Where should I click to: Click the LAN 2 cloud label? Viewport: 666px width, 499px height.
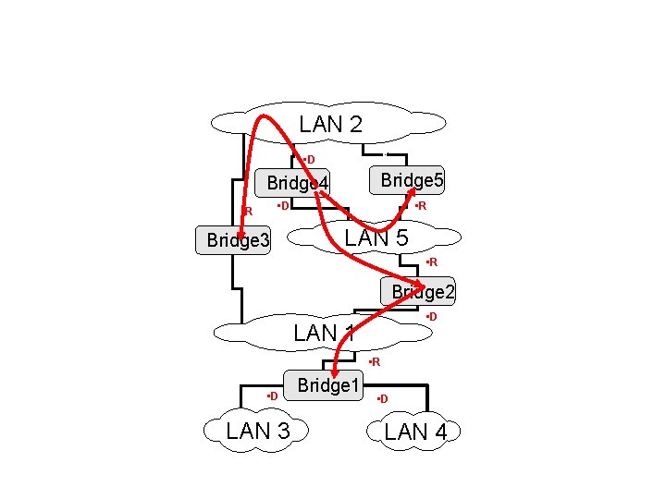click(x=330, y=125)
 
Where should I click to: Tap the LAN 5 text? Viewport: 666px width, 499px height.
click(x=376, y=238)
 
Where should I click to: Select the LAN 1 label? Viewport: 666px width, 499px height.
click(x=324, y=333)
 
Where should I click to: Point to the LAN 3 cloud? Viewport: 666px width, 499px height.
click(x=258, y=431)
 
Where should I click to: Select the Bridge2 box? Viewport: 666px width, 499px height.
click(x=422, y=292)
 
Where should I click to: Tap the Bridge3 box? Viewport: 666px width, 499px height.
click(x=238, y=240)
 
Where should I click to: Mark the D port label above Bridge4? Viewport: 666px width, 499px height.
click(x=310, y=160)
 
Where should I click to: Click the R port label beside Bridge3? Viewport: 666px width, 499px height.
click(x=247, y=212)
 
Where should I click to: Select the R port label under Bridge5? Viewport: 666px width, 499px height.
click(x=420, y=206)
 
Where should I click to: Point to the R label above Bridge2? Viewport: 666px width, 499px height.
click(x=432, y=263)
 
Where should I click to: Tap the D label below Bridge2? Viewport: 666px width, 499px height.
click(x=431, y=317)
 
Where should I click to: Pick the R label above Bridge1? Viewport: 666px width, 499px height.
click(x=375, y=360)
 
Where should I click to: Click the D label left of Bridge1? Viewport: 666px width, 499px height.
click(x=272, y=396)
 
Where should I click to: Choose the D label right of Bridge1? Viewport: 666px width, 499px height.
click(x=382, y=399)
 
